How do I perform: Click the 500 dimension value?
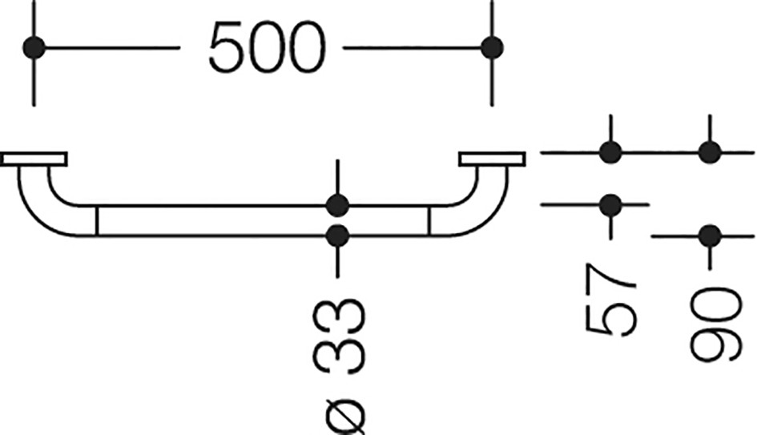(268, 48)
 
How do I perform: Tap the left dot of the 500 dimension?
(34, 48)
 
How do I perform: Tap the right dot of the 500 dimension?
(492, 48)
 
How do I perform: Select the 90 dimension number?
(715, 324)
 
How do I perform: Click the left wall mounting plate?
(34, 159)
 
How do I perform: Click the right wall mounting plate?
(492, 159)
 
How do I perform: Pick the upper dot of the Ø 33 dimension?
(337, 206)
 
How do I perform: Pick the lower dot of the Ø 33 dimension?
(337, 236)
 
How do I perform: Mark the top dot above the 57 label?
(610, 152)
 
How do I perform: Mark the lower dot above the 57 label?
(610, 205)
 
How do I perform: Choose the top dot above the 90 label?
(710, 152)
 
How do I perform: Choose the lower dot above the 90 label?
(710, 236)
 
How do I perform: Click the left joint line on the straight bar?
(98, 221)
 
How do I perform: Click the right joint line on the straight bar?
(429, 221)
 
